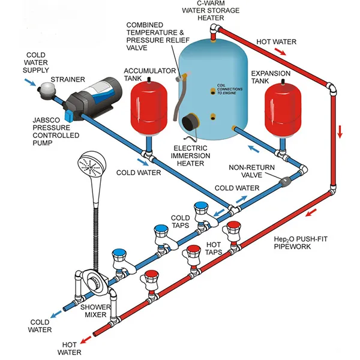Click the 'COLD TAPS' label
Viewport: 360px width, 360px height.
[x=181, y=221]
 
